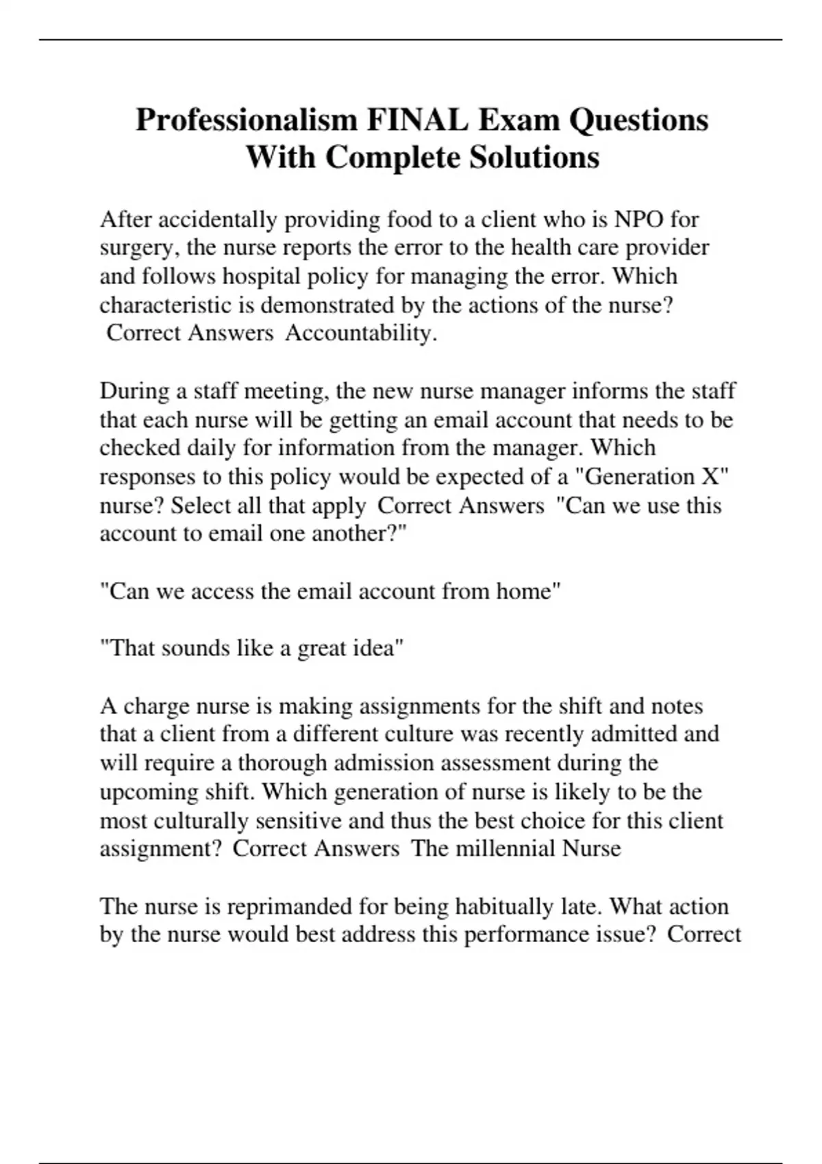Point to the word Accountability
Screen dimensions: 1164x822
click(360, 333)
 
